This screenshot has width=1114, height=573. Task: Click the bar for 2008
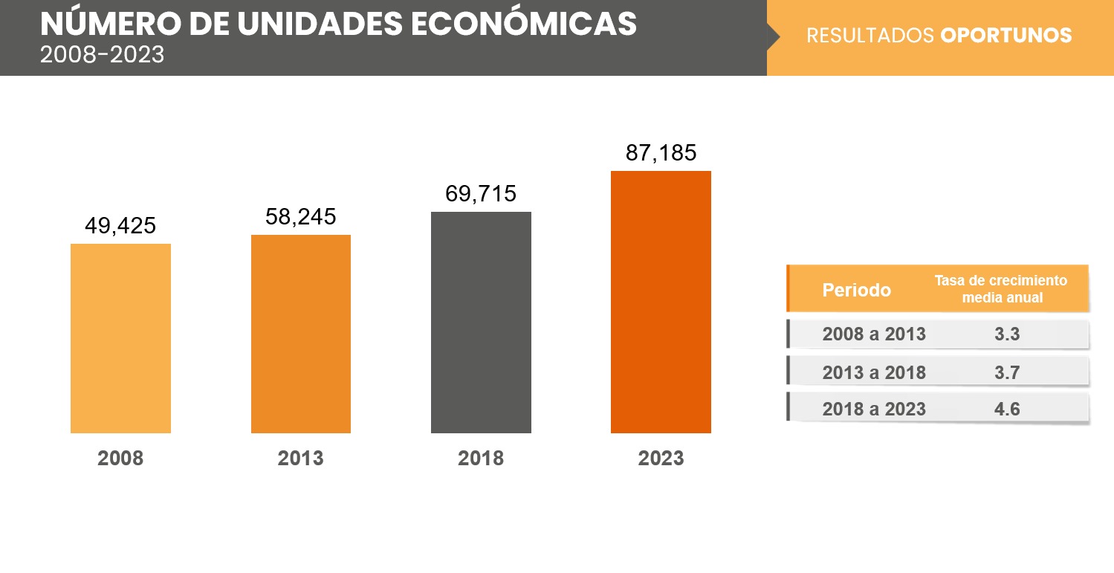tap(120, 338)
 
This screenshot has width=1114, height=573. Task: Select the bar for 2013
tap(301, 334)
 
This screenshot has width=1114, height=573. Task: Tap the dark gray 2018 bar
tap(481, 322)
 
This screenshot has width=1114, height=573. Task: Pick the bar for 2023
tap(661, 302)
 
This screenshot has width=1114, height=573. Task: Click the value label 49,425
tap(120, 226)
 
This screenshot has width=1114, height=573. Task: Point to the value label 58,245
tap(301, 216)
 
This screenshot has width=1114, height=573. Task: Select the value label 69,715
tap(481, 194)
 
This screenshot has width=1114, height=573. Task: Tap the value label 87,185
tap(661, 153)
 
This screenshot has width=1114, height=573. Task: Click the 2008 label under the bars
tap(120, 459)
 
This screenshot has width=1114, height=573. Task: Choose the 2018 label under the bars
tap(481, 459)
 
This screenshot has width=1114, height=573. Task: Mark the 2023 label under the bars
tap(661, 459)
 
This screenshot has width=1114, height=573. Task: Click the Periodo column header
tap(856, 290)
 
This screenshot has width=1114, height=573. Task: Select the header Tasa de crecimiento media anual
tap(1000, 289)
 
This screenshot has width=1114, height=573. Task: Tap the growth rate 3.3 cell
tap(1007, 334)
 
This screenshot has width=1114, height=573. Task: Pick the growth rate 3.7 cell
tap(1007, 372)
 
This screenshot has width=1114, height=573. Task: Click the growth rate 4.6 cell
tap(1007, 409)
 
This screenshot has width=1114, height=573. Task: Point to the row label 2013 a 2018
tap(874, 372)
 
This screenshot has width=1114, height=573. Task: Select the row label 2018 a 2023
tap(874, 409)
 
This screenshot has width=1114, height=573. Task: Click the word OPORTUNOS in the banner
tap(1005, 36)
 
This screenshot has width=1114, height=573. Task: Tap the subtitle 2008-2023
tap(103, 55)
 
